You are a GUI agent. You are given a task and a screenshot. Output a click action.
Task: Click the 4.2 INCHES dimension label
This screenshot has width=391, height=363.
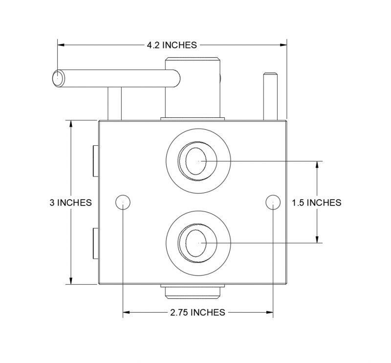(172, 45)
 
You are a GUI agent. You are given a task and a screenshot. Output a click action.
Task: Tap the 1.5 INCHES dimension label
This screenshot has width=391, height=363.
(316, 203)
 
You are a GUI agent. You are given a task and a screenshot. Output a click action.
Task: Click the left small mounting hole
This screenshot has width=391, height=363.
(122, 202)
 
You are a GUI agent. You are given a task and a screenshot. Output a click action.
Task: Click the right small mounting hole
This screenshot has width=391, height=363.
(272, 202)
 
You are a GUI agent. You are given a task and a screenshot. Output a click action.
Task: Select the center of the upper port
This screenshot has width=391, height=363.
(197, 160)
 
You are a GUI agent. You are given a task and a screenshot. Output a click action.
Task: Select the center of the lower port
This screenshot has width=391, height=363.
(197, 242)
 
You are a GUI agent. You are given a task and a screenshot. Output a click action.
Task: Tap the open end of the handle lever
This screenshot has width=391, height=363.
(58, 78)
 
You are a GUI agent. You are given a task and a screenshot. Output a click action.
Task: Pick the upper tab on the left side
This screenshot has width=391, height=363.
(95, 160)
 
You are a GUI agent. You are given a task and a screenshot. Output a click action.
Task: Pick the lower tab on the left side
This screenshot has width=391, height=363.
(95, 243)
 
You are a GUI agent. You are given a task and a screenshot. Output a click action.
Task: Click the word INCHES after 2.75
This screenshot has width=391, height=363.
(208, 312)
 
